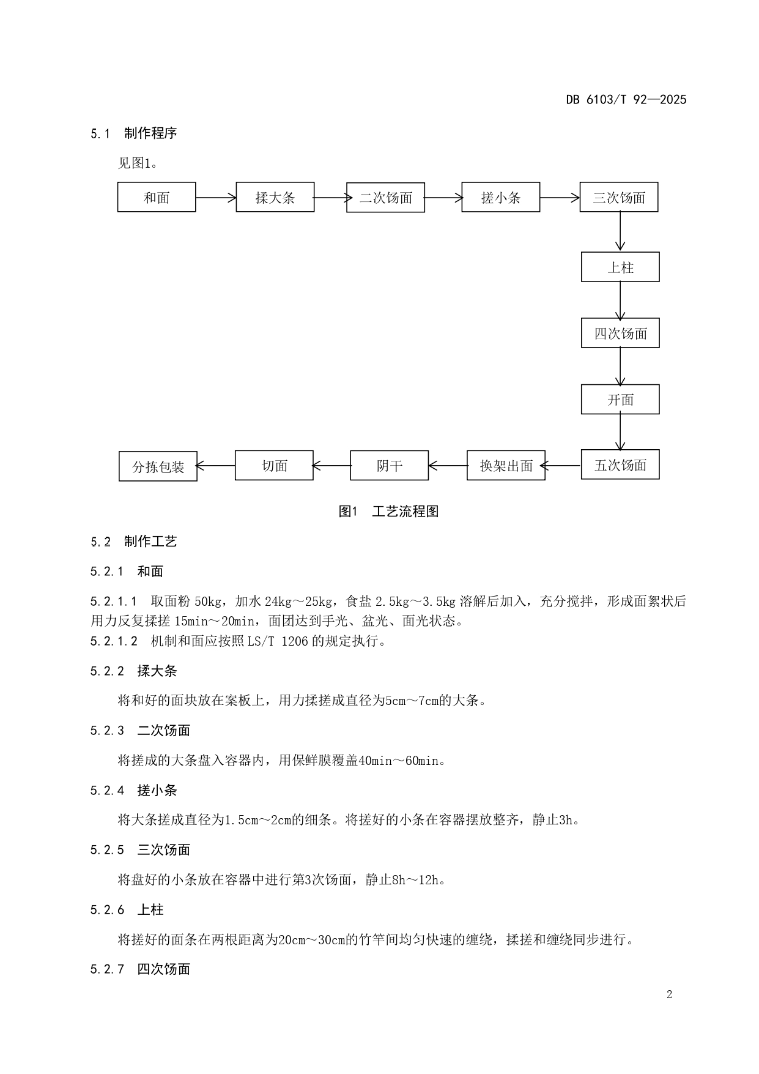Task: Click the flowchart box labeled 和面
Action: (157, 197)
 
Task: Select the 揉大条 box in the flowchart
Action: (275, 197)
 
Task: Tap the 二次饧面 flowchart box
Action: (385, 198)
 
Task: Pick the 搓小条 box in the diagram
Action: (500, 197)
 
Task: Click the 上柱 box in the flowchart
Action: (620, 267)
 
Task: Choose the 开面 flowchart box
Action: (620, 400)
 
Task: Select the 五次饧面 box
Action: (620, 465)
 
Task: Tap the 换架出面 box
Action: (506, 466)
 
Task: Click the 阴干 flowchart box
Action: (389, 466)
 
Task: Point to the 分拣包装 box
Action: (158, 466)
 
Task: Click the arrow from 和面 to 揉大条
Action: (216, 197)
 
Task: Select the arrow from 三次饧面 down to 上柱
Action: (620, 231)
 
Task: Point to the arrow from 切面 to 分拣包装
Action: (216, 466)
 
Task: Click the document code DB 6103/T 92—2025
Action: (626, 100)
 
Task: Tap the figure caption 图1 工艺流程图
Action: (388, 512)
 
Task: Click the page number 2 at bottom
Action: (669, 994)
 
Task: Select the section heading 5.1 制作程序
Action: (134, 133)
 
